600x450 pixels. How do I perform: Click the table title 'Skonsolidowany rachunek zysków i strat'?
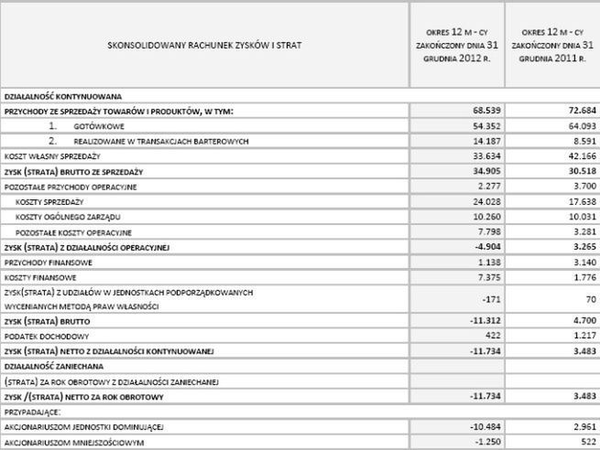tap(203, 44)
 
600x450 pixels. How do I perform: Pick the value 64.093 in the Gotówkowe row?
tap(579, 125)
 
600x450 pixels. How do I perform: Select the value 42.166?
tap(579, 156)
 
